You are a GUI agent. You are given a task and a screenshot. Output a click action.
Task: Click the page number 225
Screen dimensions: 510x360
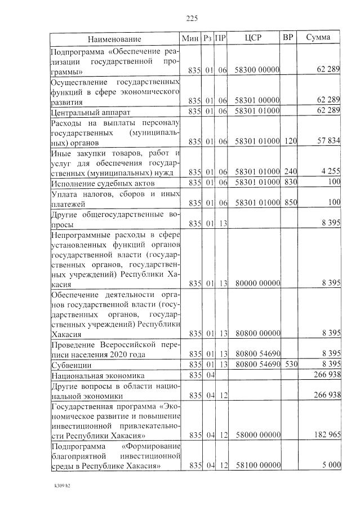click(x=192, y=18)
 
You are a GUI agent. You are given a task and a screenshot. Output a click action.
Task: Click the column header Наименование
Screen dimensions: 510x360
click(x=114, y=39)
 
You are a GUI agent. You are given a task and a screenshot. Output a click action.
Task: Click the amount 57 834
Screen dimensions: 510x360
click(x=328, y=140)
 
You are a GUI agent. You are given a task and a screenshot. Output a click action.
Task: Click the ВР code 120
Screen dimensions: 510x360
click(x=290, y=140)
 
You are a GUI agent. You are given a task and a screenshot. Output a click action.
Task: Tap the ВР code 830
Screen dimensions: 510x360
click(x=290, y=183)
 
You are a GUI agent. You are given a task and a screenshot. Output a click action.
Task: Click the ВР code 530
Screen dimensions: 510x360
click(x=290, y=364)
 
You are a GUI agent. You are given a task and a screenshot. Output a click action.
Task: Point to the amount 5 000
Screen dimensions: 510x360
click(x=331, y=465)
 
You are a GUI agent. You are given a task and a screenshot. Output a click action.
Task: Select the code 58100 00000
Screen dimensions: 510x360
click(x=257, y=465)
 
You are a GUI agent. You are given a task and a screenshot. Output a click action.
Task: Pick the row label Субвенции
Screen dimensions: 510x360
click(x=72, y=365)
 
